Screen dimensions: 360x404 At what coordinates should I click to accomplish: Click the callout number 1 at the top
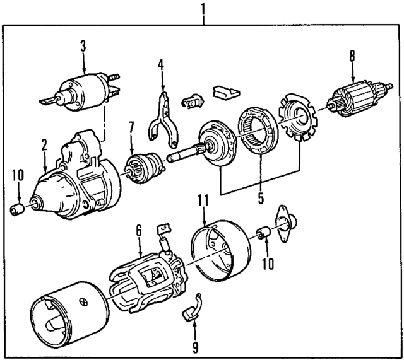point(203,9)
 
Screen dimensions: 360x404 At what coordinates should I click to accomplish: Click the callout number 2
point(45,144)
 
